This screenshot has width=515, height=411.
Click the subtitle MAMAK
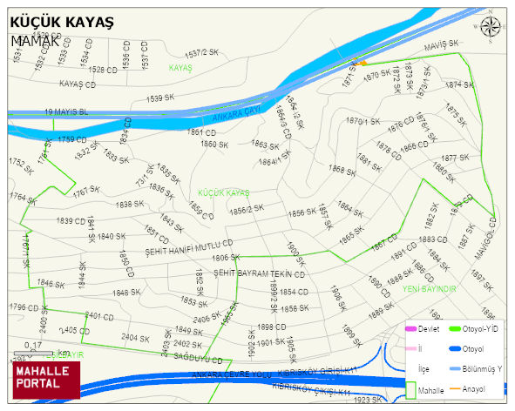pos(36,40)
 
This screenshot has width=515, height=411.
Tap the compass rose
pos(490,29)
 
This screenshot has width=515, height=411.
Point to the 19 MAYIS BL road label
pos(66,112)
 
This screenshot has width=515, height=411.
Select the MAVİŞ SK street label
pos(441,44)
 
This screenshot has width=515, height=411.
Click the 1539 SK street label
pos(161,98)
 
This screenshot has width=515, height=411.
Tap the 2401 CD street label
pos(99,315)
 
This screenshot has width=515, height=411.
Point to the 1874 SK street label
pos(459,84)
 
